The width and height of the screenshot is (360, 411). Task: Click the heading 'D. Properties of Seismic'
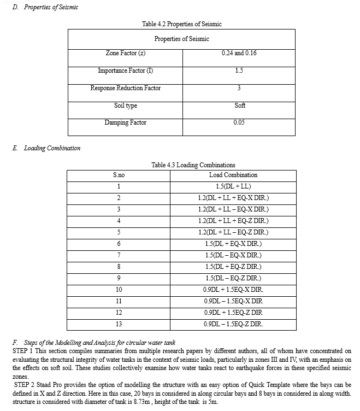45,7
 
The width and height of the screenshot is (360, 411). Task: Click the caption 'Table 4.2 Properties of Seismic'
181,24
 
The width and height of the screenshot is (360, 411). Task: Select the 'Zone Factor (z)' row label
125,53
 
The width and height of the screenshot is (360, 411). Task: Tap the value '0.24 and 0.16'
239,53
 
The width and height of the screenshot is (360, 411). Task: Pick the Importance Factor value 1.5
239,71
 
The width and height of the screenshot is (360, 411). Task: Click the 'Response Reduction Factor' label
125,88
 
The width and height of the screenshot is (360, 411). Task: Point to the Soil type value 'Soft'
239,105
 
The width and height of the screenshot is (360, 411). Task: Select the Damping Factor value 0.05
239,123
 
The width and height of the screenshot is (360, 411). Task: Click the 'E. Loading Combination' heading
46,148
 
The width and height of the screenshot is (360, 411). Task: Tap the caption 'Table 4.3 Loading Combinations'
193,165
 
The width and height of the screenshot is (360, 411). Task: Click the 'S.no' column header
119,175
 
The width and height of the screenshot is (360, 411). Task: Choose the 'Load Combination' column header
233,175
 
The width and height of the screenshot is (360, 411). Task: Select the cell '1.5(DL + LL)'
233,186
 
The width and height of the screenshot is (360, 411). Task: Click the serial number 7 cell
119,255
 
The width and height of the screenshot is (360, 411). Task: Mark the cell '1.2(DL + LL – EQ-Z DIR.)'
233,232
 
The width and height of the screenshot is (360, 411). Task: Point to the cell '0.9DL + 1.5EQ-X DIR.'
233,290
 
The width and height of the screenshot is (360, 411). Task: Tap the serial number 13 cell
119,324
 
